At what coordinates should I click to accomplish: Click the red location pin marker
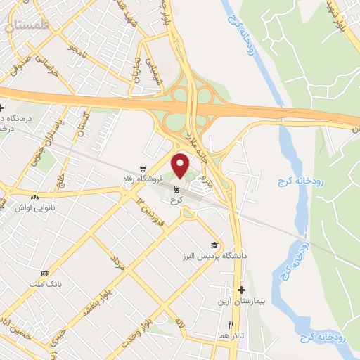pyautogui.click(x=181, y=165)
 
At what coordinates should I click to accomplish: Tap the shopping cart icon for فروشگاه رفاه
pyautogui.click(x=143, y=169)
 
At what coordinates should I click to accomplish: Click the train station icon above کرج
pyautogui.click(x=176, y=188)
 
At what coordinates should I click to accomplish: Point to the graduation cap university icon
pyautogui.click(x=214, y=245)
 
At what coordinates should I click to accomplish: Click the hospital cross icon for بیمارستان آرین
pyautogui.click(x=241, y=290)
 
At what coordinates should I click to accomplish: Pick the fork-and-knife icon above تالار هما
pyautogui.click(x=230, y=325)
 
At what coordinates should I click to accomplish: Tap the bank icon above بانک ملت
pyautogui.click(x=46, y=274)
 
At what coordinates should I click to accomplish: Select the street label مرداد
pyautogui.click(x=117, y=264)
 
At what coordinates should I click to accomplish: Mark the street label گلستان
pyautogui.click(x=84, y=124)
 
